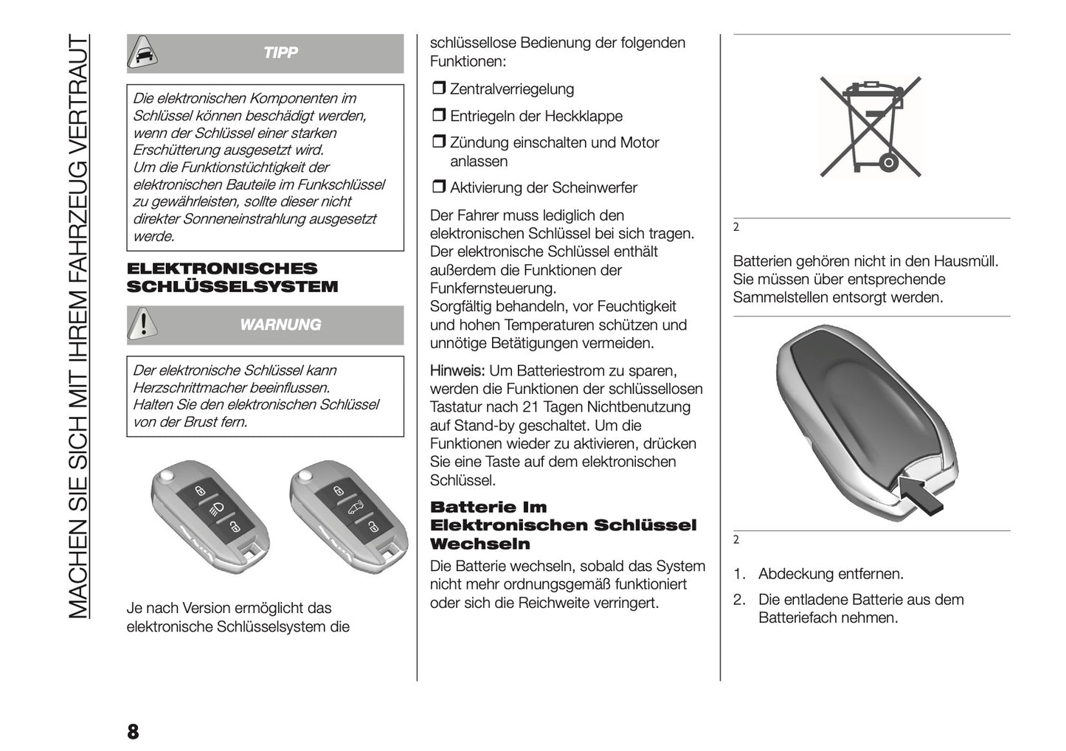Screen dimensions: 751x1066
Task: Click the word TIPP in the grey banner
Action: pyautogui.click(x=280, y=52)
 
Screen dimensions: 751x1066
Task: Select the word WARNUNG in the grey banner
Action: pyautogui.click(x=280, y=325)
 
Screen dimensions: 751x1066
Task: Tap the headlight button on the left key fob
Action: pyautogui.click(x=217, y=507)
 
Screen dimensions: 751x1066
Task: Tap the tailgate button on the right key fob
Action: pyautogui.click(x=356, y=508)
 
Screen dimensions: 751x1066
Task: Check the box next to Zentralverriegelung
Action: pyautogui.click(x=438, y=89)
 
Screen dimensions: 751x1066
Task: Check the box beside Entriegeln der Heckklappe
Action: pyautogui.click(x=438, y=117)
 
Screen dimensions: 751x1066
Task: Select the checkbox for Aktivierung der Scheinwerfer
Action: pyautogui.click(x=438, y=188)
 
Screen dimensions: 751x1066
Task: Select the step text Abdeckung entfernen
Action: pyautogui.click(x=831, y=574)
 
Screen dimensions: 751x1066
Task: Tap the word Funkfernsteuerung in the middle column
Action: pyautogui.click(x=492, y=288)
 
